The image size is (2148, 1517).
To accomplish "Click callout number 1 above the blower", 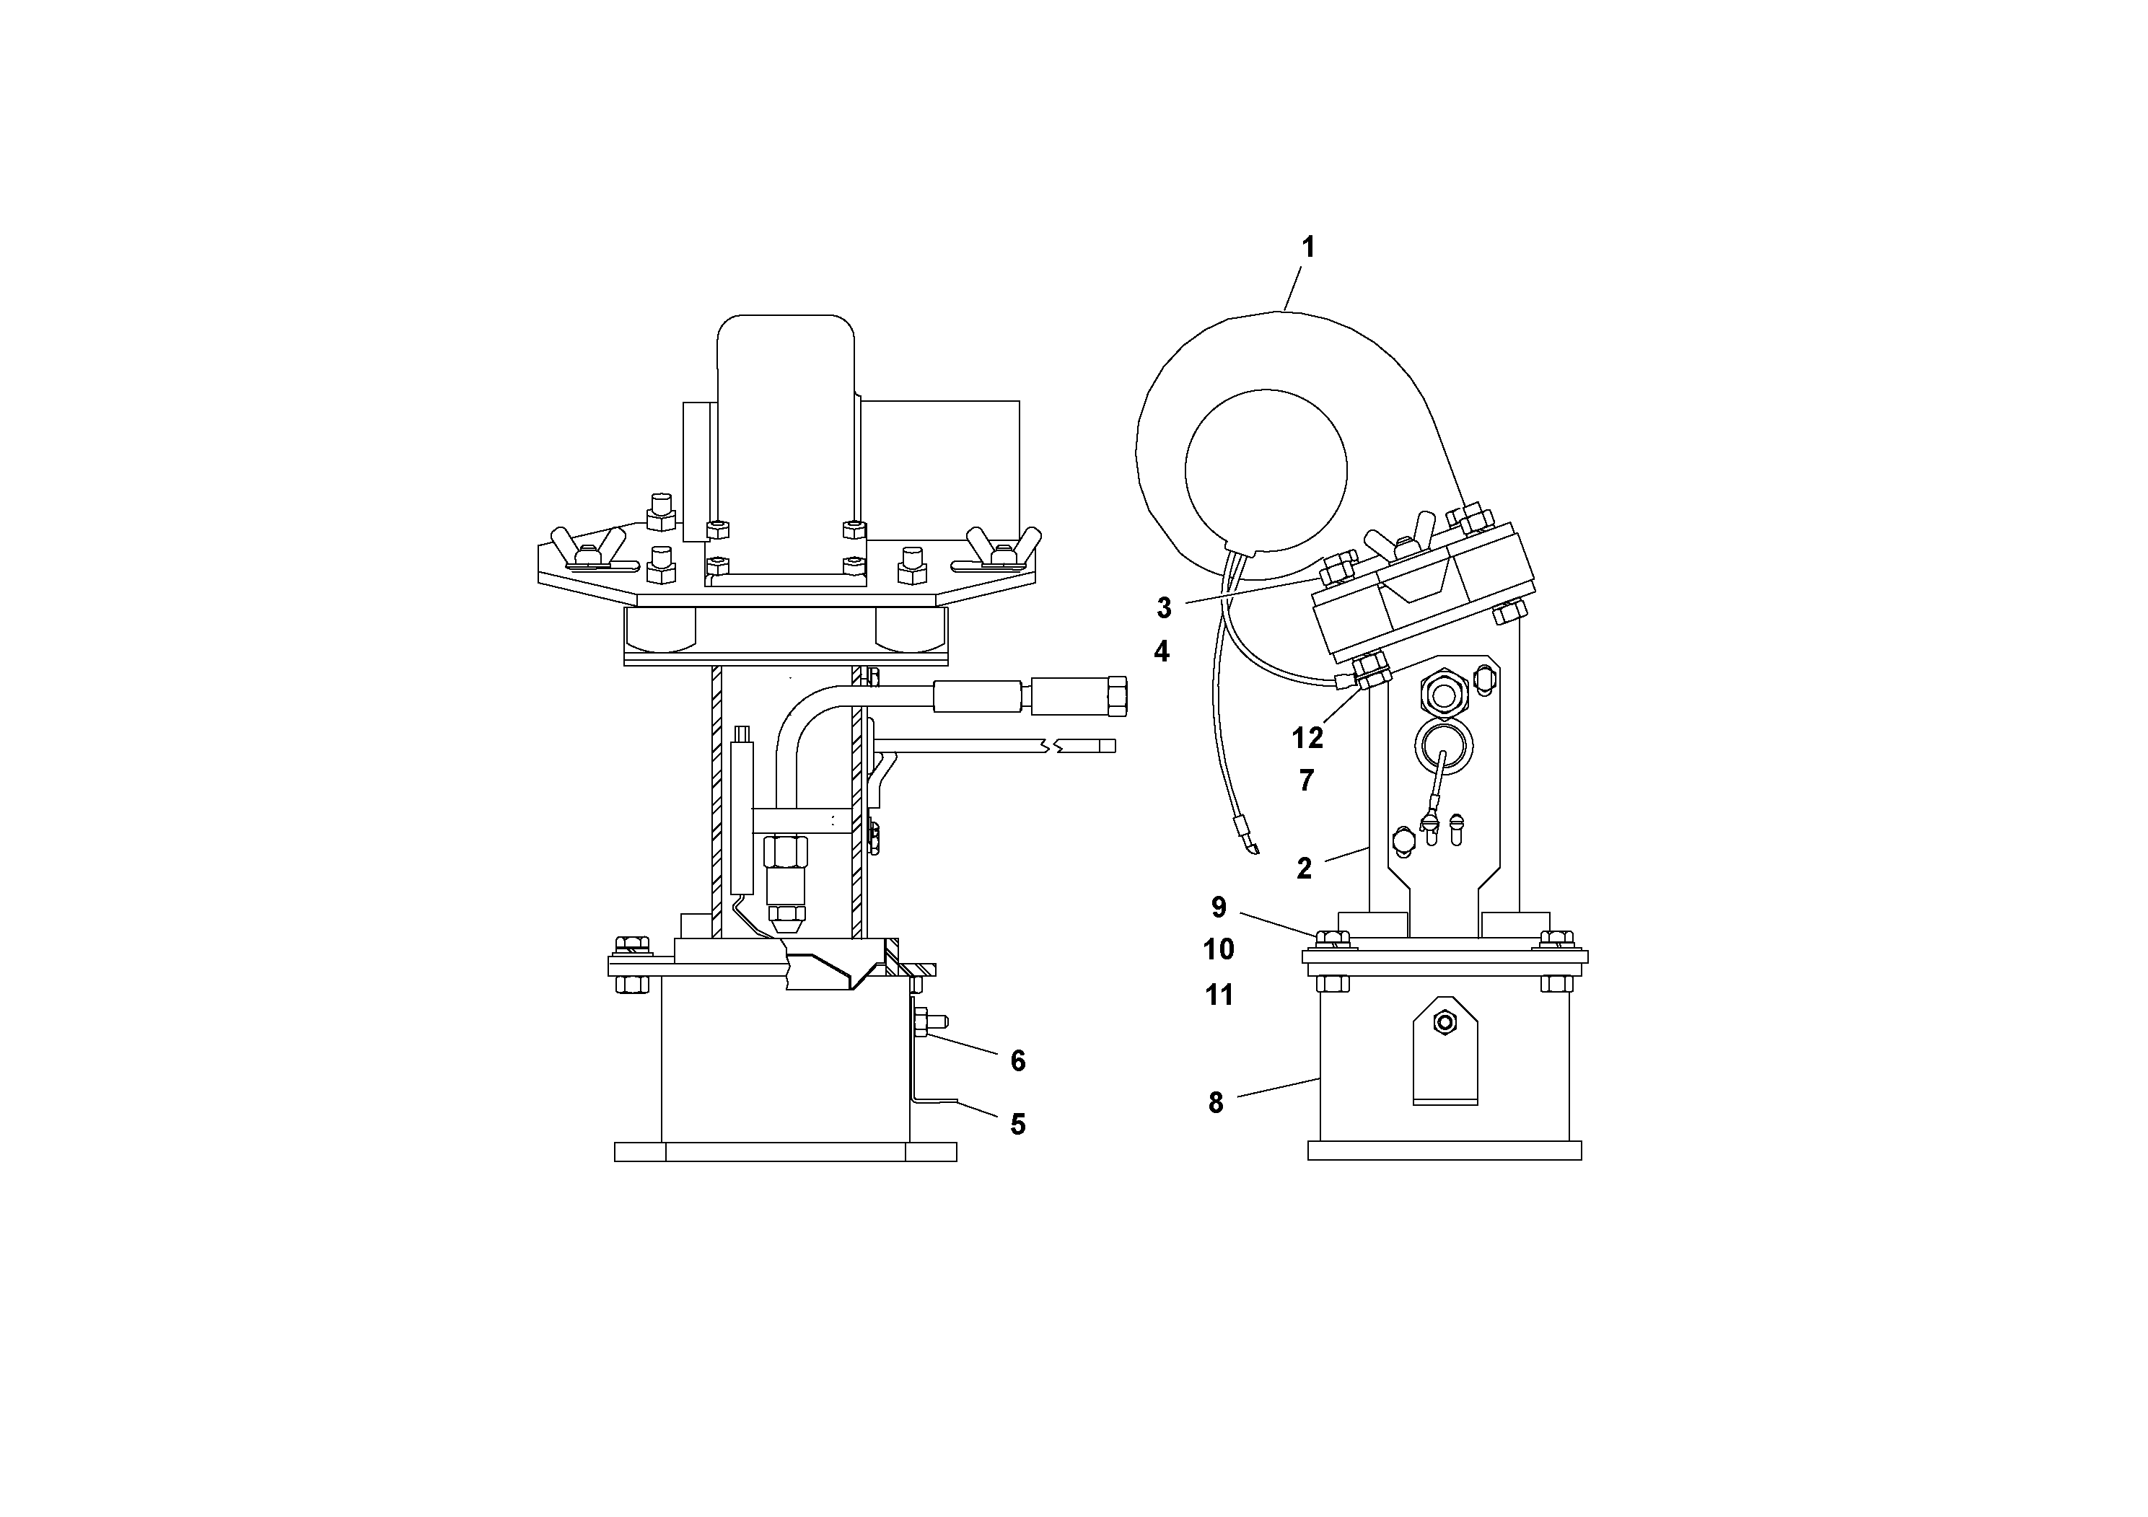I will click(1308, 248).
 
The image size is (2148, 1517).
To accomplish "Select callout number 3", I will click(1164, 609).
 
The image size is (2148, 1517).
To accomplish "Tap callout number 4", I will click(1162, 652).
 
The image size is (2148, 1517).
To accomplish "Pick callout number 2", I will click(1304, 869).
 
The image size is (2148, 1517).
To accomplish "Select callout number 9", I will click(1219, 907).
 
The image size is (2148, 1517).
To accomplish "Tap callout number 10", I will click(1219, 950).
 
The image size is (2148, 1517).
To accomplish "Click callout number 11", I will click(1219, 995).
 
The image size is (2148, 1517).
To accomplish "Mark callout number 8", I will click(1215, 1104).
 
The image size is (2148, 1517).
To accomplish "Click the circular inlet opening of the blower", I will click(1266, 470).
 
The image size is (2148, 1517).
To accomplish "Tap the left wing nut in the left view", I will click(587, 547).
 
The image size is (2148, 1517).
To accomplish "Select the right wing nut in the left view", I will click(1003, 547).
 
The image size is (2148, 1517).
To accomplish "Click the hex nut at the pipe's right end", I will click(1116, 697).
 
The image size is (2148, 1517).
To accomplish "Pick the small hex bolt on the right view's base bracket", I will click(1445, 1023).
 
